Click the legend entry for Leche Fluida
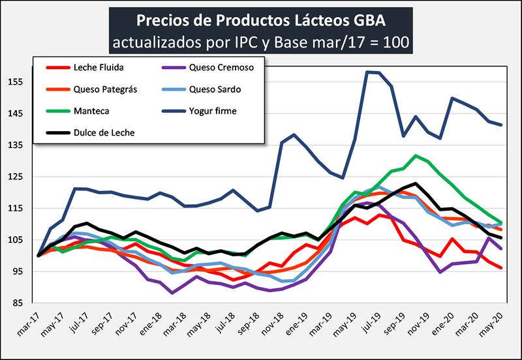click(x=99, y=67)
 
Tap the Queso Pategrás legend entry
click(x=105, y=89)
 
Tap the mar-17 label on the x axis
click(x=30, y=323)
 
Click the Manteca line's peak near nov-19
click(x=416, y=155)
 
